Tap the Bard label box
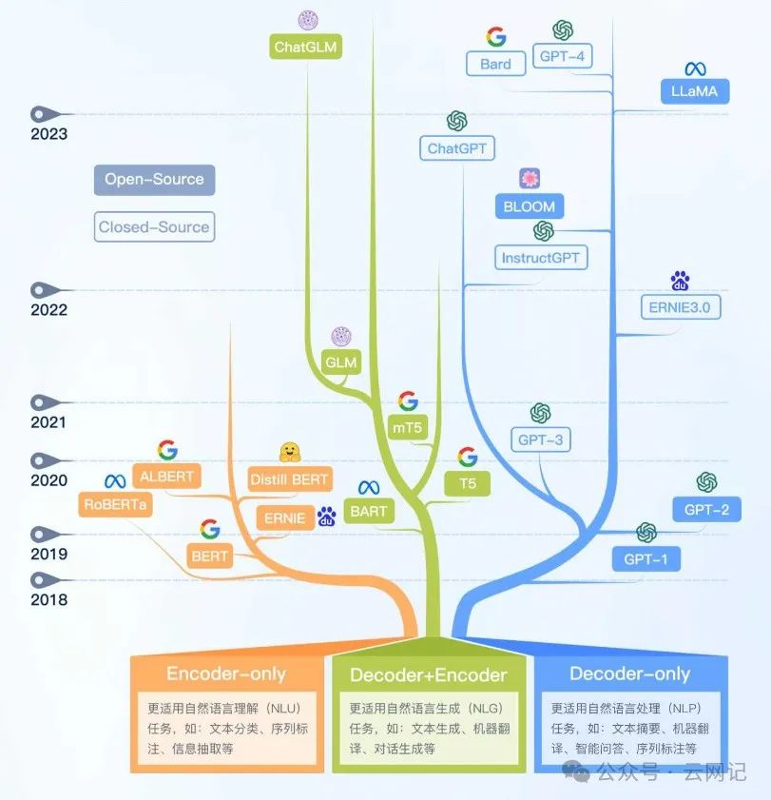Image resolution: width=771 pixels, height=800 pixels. pyautogui.click(x=495, y=65)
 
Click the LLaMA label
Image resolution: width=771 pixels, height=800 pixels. pyautogui.click(x=694, y=92)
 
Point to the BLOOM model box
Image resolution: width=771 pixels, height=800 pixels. pyautogui.click(x=530, y=205)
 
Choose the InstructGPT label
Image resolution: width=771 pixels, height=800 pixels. pyautogui.click(x=541, y=258)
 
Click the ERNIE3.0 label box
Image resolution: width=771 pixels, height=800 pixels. pyautogui.click(x=680, y=307)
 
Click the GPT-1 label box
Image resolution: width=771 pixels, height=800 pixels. pyautogui.click(x=646, y=559)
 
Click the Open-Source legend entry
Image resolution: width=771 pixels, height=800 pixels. pyautogui.click(x=154, y=179)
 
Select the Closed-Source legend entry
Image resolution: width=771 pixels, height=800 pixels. pyautogui.click(x=154, y=227)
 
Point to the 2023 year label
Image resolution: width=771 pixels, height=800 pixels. pyautogui.click(x=48, y=134)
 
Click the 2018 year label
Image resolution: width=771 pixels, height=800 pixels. pyautogui.click(x=48, y=599)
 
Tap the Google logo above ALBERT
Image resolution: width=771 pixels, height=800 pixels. pyautogui.click(x=167, y=450)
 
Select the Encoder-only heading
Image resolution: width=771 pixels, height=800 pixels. pyautogui.click(x=226, y=673)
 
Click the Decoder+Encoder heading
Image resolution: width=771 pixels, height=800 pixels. pyautogui.click(x=429, y=675)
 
